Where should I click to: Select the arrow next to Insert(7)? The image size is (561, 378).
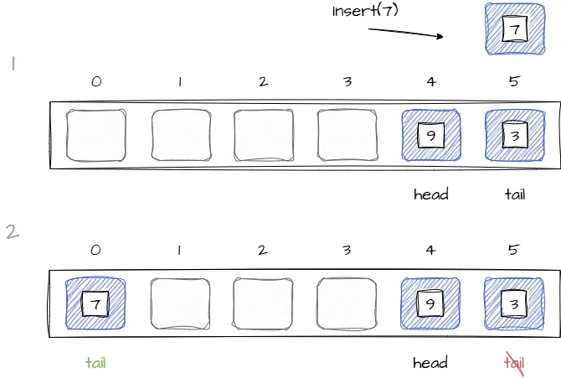click(x=406, y=34)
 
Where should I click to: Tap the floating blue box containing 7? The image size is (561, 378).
click(x=514, y=29)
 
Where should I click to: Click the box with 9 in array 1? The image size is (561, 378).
click(x=430, y=135)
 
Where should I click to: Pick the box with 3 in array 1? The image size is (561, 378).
click(x=514, y=135)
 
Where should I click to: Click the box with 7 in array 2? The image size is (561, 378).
click(x=95, y=304)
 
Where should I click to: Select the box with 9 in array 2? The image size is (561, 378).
click(x=430, y=304)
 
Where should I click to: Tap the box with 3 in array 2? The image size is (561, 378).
click(x=514, y=304)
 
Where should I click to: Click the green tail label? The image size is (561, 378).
click(x=95, y=363)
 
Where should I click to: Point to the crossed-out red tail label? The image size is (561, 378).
click(x=514, y=363)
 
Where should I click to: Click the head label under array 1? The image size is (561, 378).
click(x=430, y=194)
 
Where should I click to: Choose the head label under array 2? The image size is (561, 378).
click(x=430, y=363)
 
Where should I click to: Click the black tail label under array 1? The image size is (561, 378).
click(x=514, y=194)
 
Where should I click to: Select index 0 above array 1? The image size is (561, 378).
click(x=96, y=82)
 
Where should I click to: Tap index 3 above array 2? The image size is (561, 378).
click(x=347, y=250)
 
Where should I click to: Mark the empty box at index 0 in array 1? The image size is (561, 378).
click(x=95, y=135)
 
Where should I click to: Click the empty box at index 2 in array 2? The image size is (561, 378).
click(x=263, y=304)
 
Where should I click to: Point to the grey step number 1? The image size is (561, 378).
click(x=13, y=63)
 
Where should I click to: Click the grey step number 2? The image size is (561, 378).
click(x=12, y=232)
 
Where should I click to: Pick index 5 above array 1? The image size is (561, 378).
click(x=514, y=82)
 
